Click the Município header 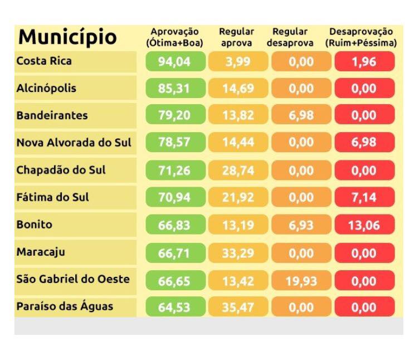click(x=67, y=37)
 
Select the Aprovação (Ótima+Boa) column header click(x=174, y=37)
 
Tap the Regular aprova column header click(x=236, y=37)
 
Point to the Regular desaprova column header click(x=293, y=37)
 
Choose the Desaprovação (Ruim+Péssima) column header click(x=363, y=37)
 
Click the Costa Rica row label click(x=45, y=61)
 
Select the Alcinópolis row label click(x=47, y=88)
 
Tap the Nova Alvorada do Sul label click(x=74, y=143)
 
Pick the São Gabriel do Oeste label click(x=73, y=279)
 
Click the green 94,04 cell click(x=174, y=62)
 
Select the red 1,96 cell click(x=364, y=62)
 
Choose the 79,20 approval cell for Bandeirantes click(x=174, y=116)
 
